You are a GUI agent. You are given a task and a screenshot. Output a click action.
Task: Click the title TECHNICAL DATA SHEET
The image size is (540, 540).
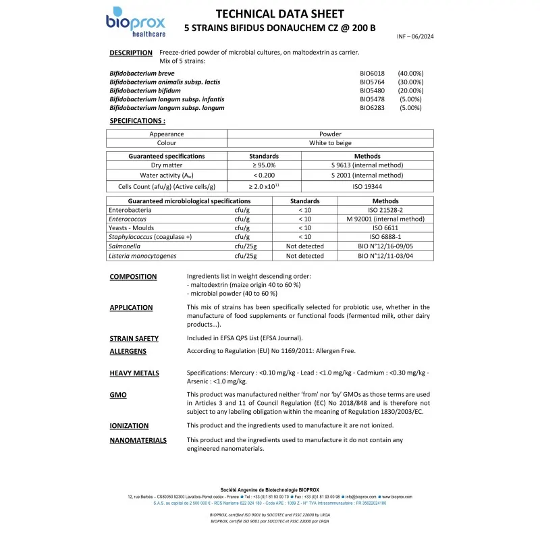coord(279,14)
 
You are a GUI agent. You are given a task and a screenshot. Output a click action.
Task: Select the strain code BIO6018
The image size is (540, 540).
coord(372,73)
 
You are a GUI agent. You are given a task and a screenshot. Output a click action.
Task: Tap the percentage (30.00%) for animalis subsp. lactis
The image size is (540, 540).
coord(410,82)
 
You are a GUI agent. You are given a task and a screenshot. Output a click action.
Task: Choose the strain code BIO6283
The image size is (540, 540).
coord(372,108)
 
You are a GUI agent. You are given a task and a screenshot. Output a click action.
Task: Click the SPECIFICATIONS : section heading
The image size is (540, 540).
coord(137,121)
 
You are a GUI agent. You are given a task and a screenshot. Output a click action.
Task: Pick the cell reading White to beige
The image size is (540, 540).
coord(330,143)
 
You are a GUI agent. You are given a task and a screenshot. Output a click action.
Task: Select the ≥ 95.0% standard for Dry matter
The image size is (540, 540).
coord(264,165)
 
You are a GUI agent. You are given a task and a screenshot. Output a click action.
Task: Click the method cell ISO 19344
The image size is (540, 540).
coord(367,186)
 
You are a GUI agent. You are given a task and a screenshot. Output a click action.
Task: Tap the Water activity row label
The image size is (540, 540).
coord(167,175)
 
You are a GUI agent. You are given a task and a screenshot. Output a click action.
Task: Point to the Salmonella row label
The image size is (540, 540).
coord(123,246)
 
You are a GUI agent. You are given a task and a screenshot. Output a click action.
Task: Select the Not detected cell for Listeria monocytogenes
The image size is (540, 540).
coord(304,256)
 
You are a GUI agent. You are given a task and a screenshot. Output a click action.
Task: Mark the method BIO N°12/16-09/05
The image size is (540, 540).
coord(385,246)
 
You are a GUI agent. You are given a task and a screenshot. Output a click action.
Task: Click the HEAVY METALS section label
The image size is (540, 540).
coord(134,373)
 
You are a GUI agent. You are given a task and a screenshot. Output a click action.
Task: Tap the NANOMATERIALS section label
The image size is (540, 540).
coord(138,440)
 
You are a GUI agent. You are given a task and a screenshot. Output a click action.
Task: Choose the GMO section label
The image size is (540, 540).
coord(118,394)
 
